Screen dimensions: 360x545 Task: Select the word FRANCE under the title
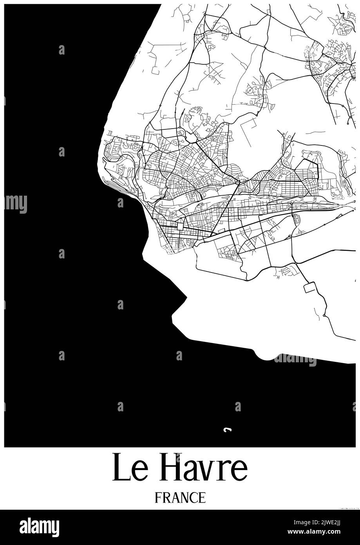[x=180, y=498]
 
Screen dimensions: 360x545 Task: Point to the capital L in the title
[x=118, y=467]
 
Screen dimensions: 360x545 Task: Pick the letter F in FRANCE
[x=157, y=498]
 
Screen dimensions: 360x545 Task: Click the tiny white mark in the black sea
[x=226, y=430]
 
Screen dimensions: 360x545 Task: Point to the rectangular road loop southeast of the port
[x=309, y=287]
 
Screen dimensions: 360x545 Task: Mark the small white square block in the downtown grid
[x=180, y=226]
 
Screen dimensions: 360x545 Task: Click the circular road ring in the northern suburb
[x=250, y=91]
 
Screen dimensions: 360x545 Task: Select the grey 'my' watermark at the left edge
[x=16, y=203]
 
